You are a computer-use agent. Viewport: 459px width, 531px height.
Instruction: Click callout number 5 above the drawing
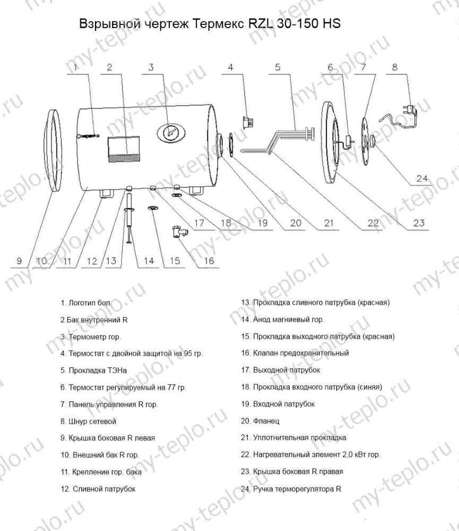278,67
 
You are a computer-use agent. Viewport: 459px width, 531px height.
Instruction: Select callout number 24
422,178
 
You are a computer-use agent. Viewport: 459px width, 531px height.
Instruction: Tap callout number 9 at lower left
19,261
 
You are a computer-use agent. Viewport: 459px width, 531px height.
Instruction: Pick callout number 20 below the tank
296,223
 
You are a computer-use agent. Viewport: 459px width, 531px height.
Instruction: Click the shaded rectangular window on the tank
124,149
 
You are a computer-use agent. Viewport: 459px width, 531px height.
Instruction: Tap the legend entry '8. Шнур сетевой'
88,421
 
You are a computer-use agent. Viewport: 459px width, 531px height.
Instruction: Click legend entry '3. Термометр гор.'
91,337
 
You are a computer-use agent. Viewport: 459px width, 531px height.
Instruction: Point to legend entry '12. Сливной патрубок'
98,489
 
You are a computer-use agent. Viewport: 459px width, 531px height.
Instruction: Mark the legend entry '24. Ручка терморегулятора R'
291,489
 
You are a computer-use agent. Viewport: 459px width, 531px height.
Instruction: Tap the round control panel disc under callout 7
366,141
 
